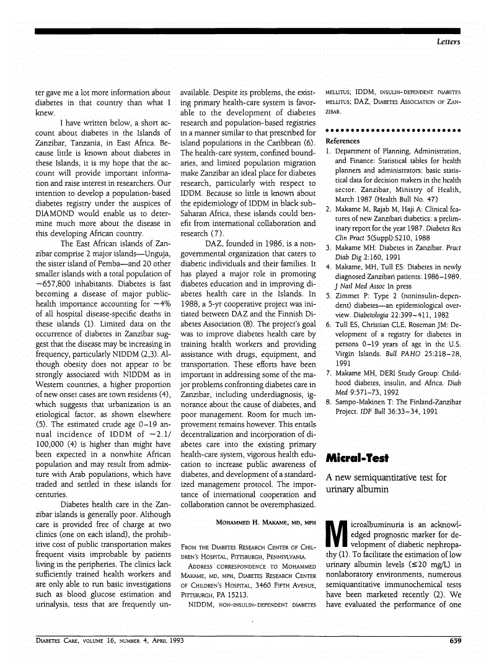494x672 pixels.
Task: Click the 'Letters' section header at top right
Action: pyautogui.click(x=447, y=41)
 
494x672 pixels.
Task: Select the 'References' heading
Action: pyautogui.click(x=343, y=141)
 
